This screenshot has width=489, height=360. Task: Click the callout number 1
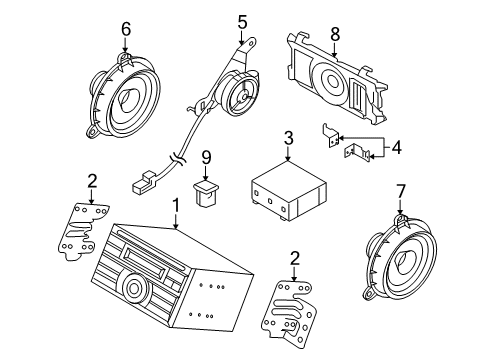pos(176,207)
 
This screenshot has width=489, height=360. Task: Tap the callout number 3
pos(289,138)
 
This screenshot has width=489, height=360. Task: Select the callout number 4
pos(396,147)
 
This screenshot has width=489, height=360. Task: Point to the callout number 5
pos(242,22)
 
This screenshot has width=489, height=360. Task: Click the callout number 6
pos(126,29)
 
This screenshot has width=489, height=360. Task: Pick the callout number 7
pos(401,191)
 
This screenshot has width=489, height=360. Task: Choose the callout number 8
pos(335,34)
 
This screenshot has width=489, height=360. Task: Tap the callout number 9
pos(206,157)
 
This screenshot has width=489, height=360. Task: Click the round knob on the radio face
pos(134,286)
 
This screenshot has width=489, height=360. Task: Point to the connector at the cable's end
pos(144,183)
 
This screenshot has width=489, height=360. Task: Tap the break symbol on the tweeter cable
pos(176,158)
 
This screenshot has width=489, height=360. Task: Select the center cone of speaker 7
pos(404,260)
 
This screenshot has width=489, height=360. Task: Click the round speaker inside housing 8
pos(331,82)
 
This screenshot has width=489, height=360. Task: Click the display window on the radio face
pos(145,260)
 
